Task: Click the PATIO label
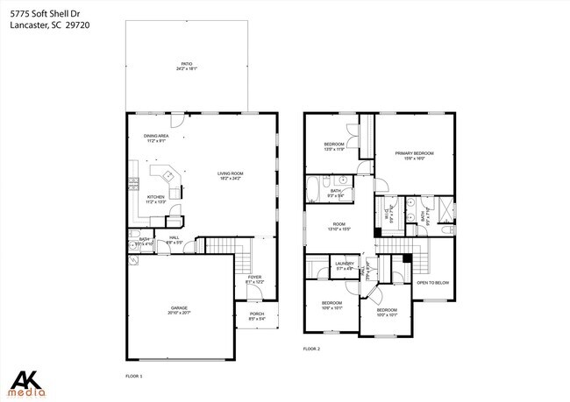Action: (186, 66)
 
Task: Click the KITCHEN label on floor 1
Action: (156, 199)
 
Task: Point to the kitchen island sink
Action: (168, 176)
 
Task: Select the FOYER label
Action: (253, 279)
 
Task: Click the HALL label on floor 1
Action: (174, 239)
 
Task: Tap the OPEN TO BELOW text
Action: (432, 283)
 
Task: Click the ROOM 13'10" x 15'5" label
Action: (339, 226)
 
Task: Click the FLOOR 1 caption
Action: (134, 375)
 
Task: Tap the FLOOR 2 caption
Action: (312, 349)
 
